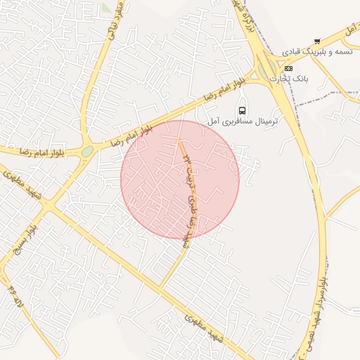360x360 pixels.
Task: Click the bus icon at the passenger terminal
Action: click(243, 110)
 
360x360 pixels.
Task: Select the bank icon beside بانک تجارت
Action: click(288, 68)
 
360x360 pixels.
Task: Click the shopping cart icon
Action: click(317, 41)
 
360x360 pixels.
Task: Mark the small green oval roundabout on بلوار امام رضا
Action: click(87, 150)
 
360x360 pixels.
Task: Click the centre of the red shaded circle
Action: click(180, 179)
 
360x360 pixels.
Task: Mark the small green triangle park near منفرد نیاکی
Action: click(105, 8)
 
